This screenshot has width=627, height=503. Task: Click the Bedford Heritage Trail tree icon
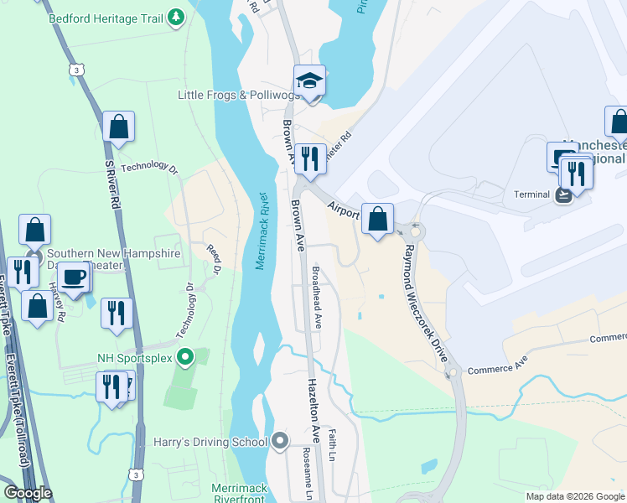(x=175, y=17)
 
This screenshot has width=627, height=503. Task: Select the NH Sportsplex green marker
(x=189, y=358)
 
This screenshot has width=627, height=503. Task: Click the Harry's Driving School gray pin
(x=280, y=441)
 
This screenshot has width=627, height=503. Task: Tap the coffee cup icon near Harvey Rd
(x=74, y=276)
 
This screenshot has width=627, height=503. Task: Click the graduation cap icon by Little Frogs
(x=309, y=81)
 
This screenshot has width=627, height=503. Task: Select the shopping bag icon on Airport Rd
(x=378, y=219)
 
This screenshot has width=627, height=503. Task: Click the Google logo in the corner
(x=27, y=493)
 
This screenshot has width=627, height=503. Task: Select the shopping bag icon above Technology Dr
(x=118, y=127)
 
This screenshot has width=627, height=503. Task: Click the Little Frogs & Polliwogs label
(x=233, y=96)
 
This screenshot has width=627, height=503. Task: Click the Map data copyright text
(x=574, y=496)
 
